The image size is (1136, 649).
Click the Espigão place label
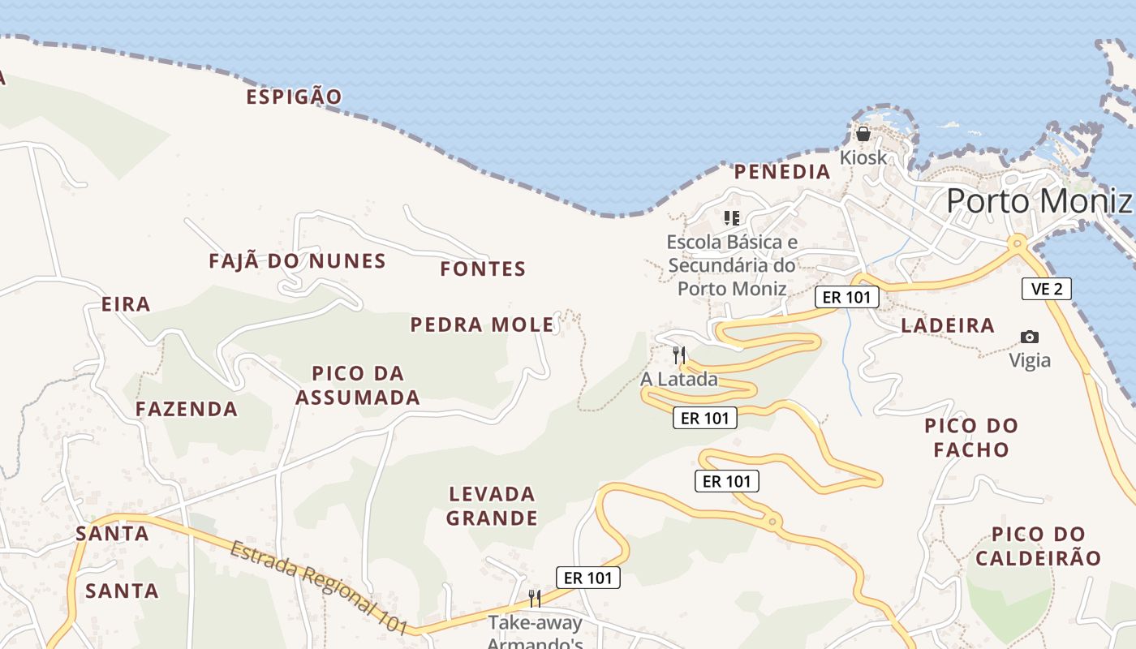pos(294,97)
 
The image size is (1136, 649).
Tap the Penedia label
pos(782,172)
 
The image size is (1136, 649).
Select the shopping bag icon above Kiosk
pos(863,134)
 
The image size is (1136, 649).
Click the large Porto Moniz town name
pos(1038,200)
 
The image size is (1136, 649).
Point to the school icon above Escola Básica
pos(732,217)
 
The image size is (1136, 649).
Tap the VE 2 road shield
pos(1046,288)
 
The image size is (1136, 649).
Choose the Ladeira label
pos(948,325)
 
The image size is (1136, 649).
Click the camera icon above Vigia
pos(1030,337)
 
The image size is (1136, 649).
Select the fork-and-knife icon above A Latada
pos(679,355)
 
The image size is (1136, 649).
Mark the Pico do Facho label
pos(971,437)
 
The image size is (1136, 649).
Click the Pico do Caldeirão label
pos(1038,546)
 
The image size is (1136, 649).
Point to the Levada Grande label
pos(492,505)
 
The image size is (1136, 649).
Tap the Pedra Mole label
pos(482,325)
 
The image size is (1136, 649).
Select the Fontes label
pos(483,269)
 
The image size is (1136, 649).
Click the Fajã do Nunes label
pos(297,261)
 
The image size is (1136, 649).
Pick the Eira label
pos(126,304)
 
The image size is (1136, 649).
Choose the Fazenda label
pos(187,409)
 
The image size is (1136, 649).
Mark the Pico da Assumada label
pos(358,385)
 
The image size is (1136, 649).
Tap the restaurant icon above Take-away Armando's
pos(535,599)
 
